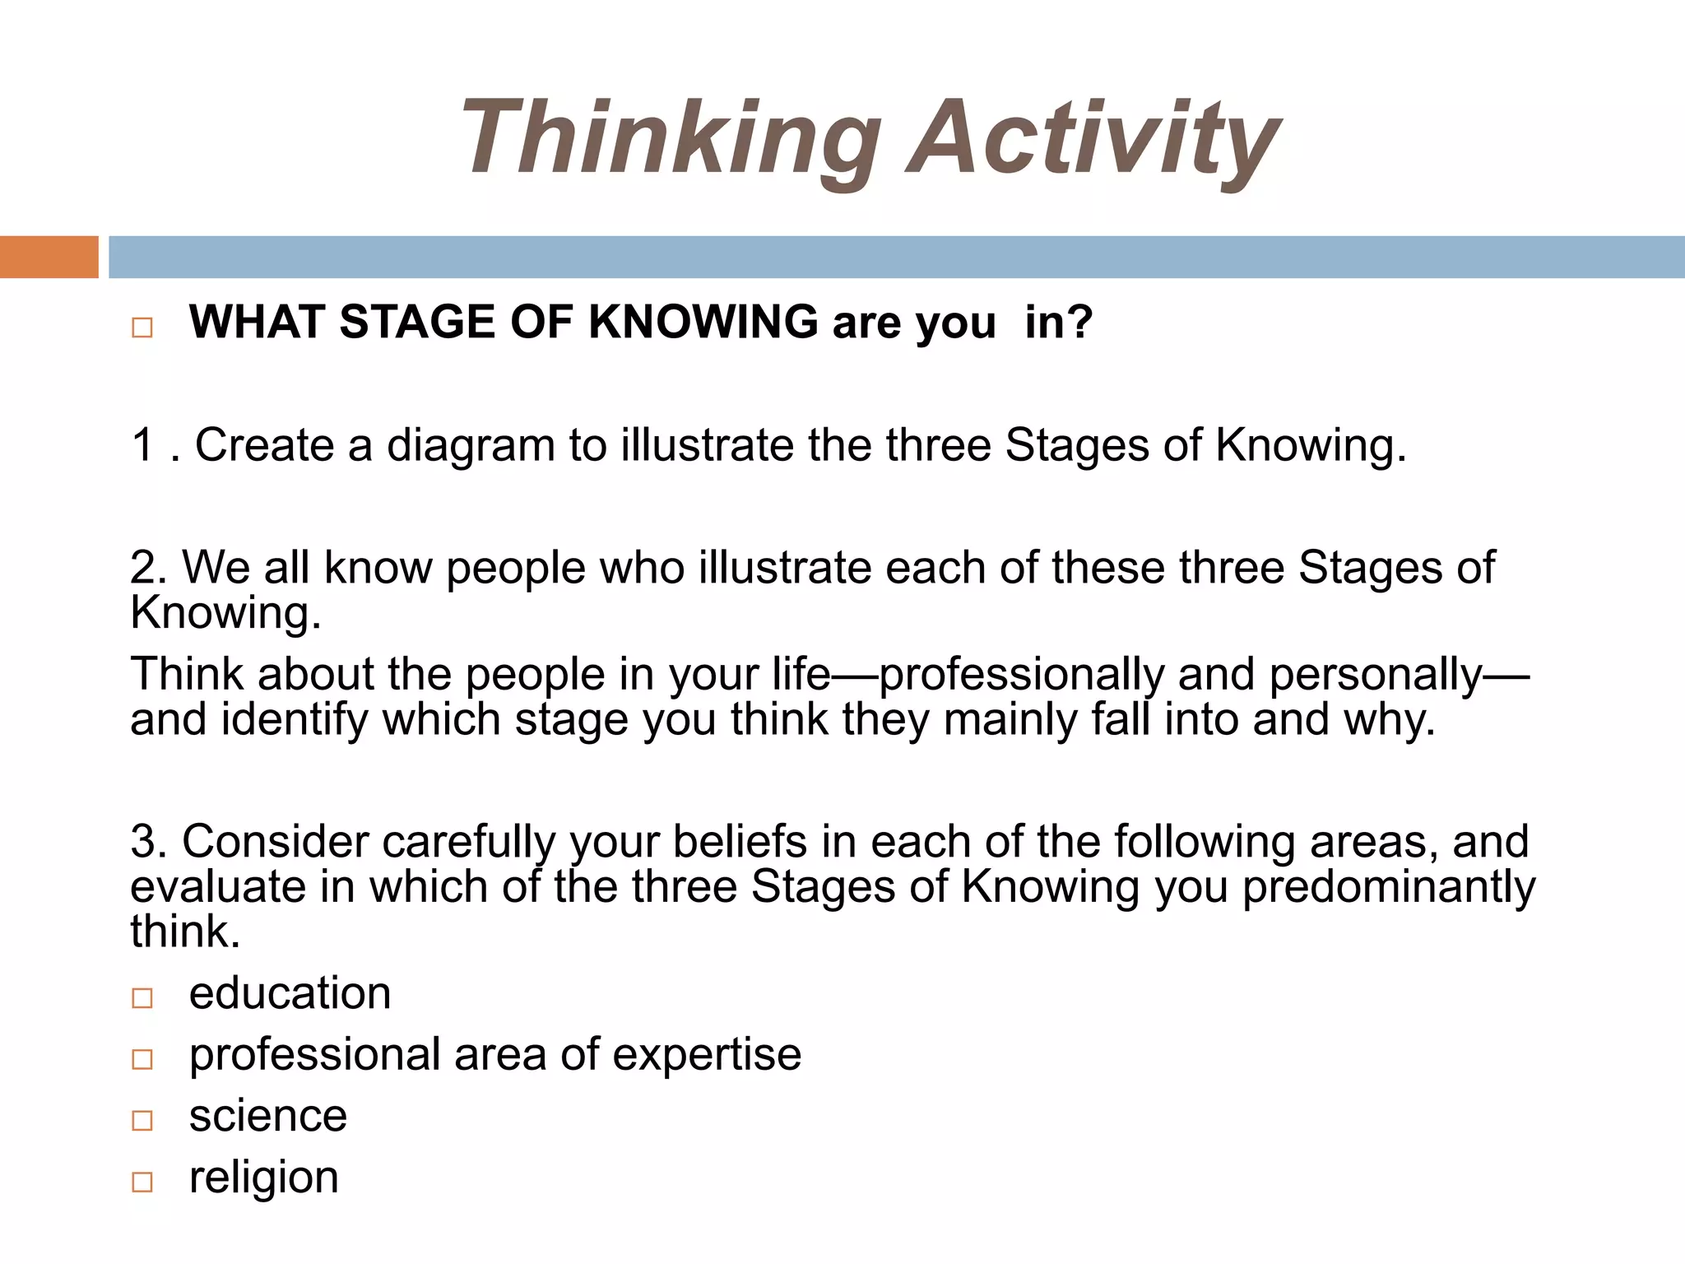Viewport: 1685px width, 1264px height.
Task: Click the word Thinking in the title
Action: coord(670,138)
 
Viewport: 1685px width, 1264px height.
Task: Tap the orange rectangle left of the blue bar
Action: coord(49,258)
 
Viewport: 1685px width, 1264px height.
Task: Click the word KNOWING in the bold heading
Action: coord(703,322)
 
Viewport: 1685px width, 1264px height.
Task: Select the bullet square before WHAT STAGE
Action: coord(142,328)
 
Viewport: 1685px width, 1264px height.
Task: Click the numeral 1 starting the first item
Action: coord(143,445)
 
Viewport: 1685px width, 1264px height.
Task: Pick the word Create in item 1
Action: coord(264,445)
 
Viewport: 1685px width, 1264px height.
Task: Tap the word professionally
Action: coord(1021,675)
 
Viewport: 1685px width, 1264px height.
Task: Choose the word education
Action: coord(290,993)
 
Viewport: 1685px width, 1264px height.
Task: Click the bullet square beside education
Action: coord(142,998)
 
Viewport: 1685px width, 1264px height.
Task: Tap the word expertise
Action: coord(707,1055)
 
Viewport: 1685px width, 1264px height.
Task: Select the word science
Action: coord(268,1116)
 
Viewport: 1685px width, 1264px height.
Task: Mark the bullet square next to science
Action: coord(142,1121)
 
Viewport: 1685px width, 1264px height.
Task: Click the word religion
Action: coord(263,1177)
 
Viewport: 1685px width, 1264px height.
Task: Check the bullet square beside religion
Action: coord(142,1183)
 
